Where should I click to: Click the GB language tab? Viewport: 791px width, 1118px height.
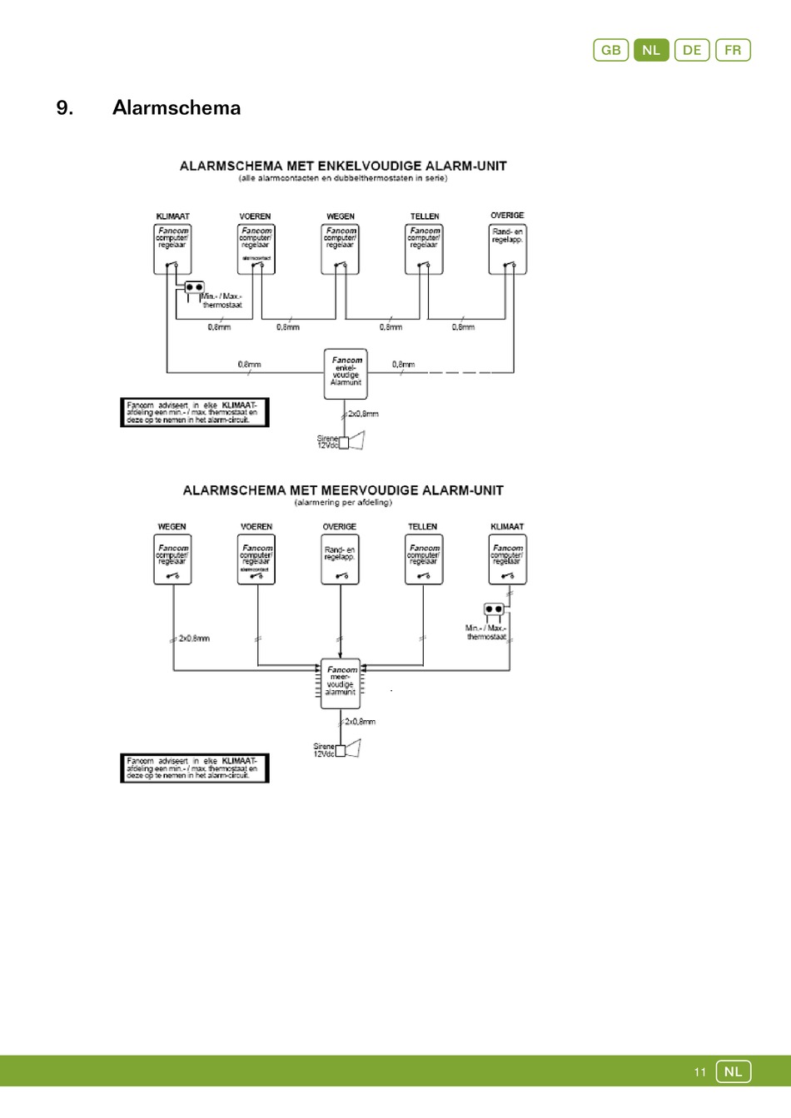point(610,50)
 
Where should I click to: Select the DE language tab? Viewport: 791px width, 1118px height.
point(692,50)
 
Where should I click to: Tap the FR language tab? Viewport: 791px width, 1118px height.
point(733,50)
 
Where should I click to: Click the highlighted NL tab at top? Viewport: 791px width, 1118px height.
point(651,50)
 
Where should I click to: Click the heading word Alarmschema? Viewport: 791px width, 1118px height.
point(177,107)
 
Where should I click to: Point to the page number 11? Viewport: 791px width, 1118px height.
point(699,1072)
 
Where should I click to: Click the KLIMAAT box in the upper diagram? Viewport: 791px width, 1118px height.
point(172,249)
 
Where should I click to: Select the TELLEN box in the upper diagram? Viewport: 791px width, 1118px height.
point(424,249)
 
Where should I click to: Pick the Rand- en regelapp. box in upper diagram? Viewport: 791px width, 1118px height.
point(507,249)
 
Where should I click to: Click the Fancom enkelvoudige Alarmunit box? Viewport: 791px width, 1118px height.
point(346,373)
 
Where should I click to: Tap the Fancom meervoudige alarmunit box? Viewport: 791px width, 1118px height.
point(341,683)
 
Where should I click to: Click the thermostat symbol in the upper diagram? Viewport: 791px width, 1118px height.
point(194,287)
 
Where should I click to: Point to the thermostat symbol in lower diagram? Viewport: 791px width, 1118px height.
point(494,610)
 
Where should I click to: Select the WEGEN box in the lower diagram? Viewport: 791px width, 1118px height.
point(172,559)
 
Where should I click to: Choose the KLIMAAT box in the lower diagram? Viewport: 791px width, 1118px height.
point(507,559)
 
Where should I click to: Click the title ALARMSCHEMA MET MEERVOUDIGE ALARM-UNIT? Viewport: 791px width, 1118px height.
point(343,491)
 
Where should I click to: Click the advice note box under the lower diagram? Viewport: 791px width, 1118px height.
point(194,768)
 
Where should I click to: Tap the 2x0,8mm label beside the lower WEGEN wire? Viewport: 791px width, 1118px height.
point(194,639)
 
